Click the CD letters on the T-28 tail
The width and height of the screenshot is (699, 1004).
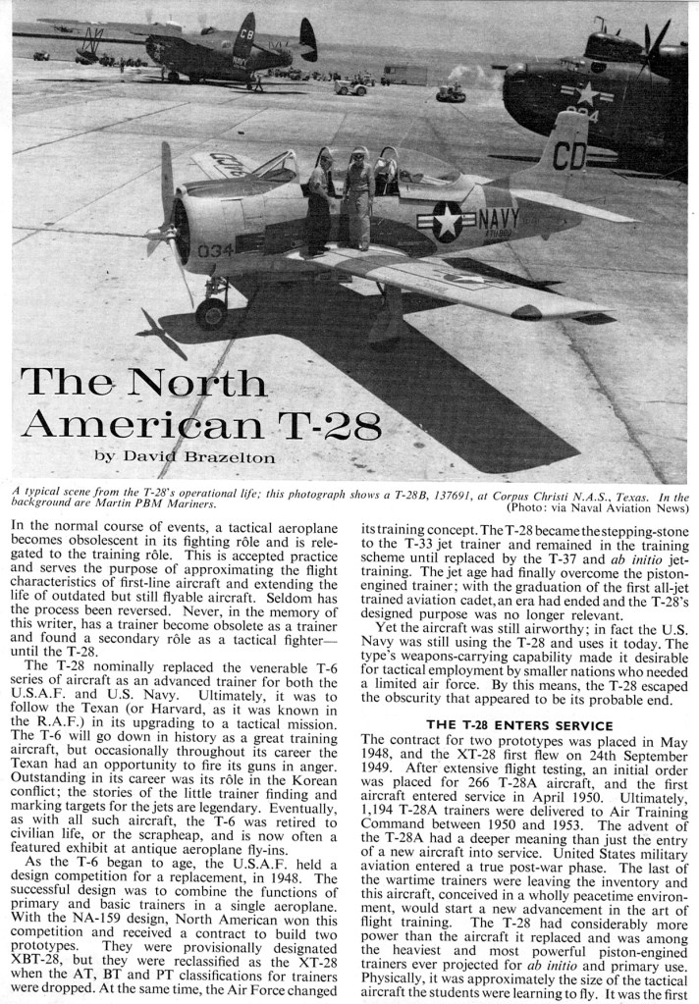tap(570, 155)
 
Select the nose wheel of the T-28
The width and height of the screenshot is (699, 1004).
tap(210, 313)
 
